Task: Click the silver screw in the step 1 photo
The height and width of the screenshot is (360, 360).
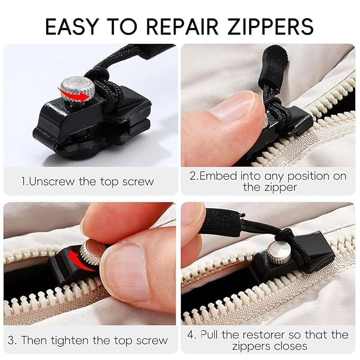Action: [74, 90]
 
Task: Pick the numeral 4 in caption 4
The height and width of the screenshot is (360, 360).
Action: [192, 335]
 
